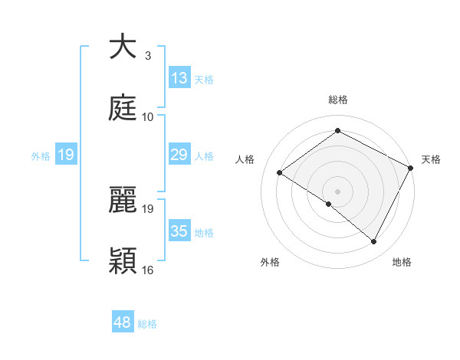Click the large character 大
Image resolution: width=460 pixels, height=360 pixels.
tap(123, 47)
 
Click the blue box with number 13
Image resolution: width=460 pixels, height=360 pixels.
tap(179, 78)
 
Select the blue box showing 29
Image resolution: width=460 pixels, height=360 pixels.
tap(179, 155)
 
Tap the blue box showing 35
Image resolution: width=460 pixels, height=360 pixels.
tap(179, 231)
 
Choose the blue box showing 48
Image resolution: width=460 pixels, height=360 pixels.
tap(123, 322)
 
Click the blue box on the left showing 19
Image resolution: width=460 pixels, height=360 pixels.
tap(66, 155)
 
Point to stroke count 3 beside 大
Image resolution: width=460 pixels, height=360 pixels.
tap(148, 55)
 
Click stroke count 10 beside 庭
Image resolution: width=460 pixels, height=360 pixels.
tap(148, 116)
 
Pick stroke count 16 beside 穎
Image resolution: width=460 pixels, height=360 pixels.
tap(148, 270)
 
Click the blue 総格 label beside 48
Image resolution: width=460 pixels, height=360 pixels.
tap(147, 324)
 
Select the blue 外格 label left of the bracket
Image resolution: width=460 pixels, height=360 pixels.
tap(41, 155)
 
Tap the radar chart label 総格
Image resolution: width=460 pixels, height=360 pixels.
tap(337, 100)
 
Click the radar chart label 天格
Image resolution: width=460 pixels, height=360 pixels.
tap(431, 159)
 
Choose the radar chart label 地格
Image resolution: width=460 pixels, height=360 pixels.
tap(402, 262)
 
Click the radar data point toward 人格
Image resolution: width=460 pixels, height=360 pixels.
tap(280, 173)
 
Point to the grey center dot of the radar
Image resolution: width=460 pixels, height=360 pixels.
tap(337, 191)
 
